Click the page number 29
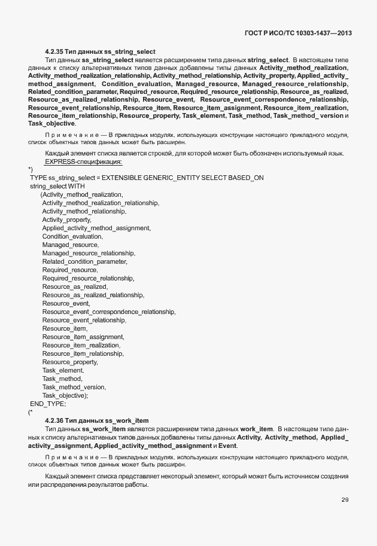(345, 499)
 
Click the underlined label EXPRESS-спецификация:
(84, 161)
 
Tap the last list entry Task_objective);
(65, 395)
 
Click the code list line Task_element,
(63, 370)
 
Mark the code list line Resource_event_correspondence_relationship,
(109, 312)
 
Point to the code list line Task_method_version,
(74, 387)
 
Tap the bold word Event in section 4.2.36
(227, 446)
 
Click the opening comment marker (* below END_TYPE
(31, 412)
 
